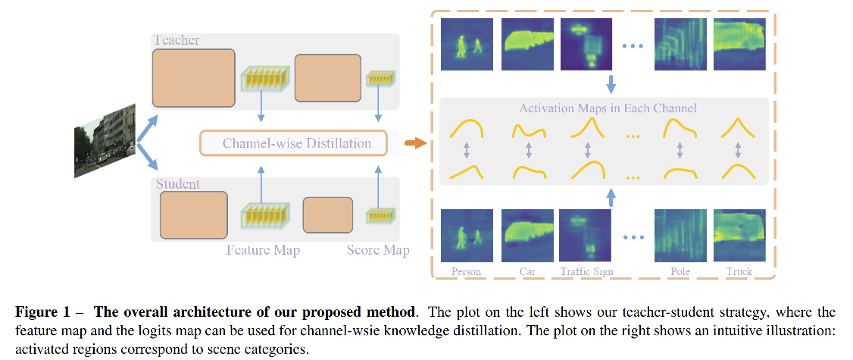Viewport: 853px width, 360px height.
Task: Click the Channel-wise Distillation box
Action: point(297,143)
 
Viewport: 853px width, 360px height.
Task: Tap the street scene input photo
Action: point(105,142)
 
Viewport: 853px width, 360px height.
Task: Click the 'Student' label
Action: point(177,184)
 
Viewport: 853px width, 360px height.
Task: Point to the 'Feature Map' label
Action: point(263,250)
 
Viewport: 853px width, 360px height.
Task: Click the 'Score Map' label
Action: point(378,250)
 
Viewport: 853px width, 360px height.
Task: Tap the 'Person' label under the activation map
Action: point(466,271)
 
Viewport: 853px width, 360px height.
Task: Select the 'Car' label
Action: point(527,271)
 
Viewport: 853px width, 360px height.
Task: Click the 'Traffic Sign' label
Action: point(587,271)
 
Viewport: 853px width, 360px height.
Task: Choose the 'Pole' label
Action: point(680,271)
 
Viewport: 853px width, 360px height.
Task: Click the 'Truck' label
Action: point(739,271)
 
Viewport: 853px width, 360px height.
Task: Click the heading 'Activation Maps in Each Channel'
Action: point(608,108)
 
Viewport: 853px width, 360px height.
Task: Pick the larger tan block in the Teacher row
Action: point(194,78)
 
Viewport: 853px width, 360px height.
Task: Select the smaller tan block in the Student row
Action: point(327,214)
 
